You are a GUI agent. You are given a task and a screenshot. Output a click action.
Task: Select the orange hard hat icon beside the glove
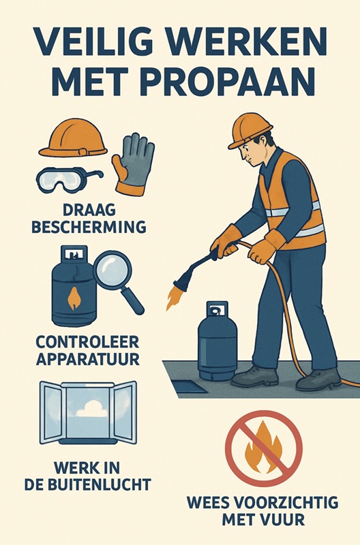pyautogui.click(x=73, y=138)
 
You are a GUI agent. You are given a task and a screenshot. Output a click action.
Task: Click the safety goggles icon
pyautogui.click(x=68, y=180)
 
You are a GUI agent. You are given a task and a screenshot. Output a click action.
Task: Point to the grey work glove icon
pyautogui.click(x=134, y=164)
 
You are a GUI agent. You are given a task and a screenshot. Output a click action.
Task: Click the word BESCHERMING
pyautogui.click(x=89, y=227)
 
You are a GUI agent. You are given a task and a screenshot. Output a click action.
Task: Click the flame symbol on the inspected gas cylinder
pyautogui.click(x=74, y=298)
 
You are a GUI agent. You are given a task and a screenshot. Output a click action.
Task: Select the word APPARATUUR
pyautogui.click(x=88, y=359)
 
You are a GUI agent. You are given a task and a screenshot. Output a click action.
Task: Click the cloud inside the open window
pyautogui.click(x=92, y=409)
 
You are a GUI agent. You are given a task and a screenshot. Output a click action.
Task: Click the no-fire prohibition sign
pyautogui.click(x=264, y=448)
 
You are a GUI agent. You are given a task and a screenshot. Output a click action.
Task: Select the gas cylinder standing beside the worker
pyautogui.click(x=217, y=341)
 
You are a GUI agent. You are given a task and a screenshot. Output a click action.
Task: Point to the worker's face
pyautogui.click(x=252, y=153)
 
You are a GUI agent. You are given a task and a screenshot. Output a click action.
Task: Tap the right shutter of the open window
pyautogui.click(x=125, y=413)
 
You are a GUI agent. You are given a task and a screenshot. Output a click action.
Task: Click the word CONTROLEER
pyautogui.click(x=87, y=342)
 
